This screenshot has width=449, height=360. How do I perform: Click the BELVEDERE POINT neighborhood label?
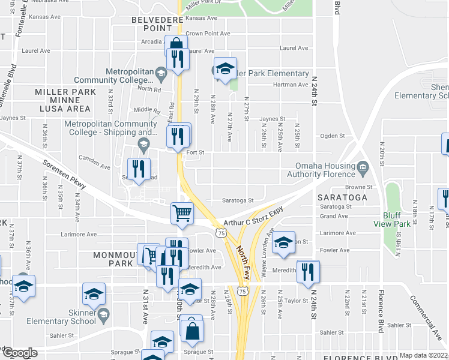152,25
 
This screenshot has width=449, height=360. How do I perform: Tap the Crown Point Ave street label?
208,34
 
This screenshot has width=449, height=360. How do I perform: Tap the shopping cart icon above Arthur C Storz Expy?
182,213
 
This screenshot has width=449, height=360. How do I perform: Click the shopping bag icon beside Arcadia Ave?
176,45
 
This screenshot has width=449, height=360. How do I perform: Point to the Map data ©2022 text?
423,355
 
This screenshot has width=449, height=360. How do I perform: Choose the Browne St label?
359,187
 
